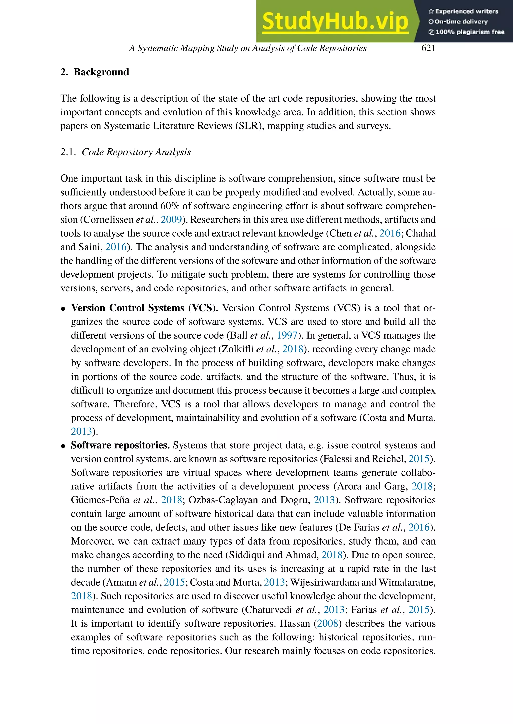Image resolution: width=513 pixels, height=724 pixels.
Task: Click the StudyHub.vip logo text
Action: (x=335, y=21)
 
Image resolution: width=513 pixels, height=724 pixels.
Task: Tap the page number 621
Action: (x=428, y=48)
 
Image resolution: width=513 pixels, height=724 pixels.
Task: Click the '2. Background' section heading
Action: (x=95, y=72)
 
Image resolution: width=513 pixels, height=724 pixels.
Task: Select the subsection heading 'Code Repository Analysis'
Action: (x=136, y=152)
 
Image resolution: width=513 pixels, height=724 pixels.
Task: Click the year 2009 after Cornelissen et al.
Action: (x=171, y=220)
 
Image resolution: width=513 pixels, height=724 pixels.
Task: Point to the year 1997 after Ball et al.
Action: (x=287, y=335)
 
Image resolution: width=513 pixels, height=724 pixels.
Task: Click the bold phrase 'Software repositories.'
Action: (x=120, y=445)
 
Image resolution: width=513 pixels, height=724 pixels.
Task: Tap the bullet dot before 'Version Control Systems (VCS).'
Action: (x=63, y=309)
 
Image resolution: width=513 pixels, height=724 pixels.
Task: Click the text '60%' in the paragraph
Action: (x=170, y=206)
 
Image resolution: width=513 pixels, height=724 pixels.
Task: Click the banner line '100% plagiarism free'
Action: (x=469, y=32)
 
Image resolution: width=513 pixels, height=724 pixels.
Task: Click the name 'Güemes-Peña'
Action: (x=100, y=500)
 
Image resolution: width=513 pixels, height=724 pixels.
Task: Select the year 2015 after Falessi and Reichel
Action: (x=419, y=459)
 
